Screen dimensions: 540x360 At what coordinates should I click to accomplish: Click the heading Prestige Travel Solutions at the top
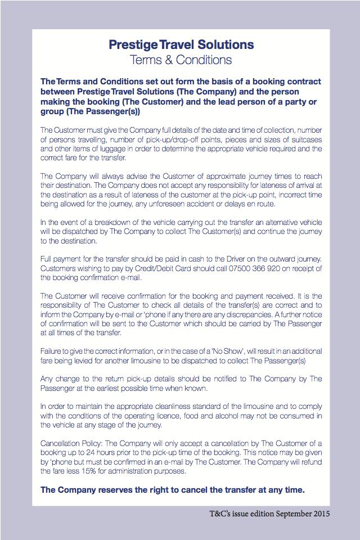pos(181,44)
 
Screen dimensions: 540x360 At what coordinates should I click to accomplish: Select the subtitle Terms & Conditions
pos(181,59)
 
